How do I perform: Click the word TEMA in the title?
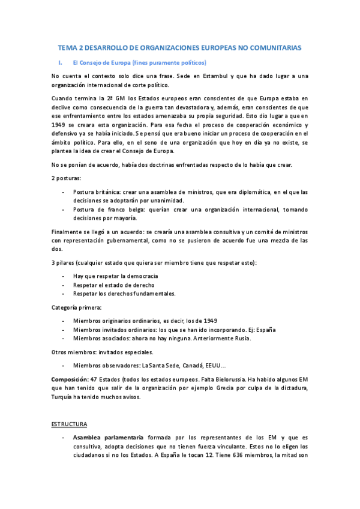pos(67,47)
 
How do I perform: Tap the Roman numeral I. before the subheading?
pos(59,62)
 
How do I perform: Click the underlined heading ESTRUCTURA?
pos(70,424)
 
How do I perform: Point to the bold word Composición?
pos(68,380)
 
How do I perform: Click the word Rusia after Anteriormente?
pos(241,338)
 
